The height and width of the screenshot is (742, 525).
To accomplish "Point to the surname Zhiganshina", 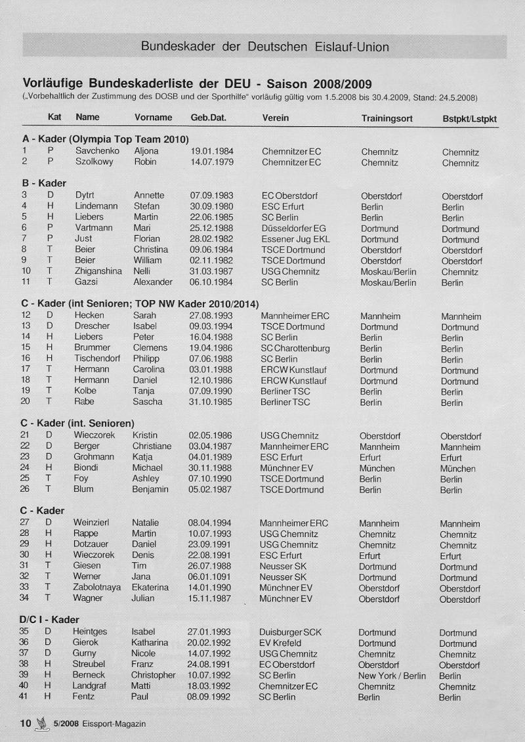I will click(98, 271).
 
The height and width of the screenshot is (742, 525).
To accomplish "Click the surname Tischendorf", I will click(100, 359).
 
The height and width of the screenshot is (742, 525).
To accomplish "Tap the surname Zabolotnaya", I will click(97, 588).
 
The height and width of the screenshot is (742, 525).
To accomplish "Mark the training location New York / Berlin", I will click(392, 676).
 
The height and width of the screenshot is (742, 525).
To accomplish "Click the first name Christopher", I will click(153, 676).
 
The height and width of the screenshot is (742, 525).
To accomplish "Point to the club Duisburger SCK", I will click(290, 632).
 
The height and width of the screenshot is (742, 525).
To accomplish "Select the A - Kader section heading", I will click(106, 139).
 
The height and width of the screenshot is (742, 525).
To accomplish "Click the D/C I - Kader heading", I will click(50, 620).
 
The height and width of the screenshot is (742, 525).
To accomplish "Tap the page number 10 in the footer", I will click(26, 724).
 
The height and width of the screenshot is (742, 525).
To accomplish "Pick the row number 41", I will click(24, 697).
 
